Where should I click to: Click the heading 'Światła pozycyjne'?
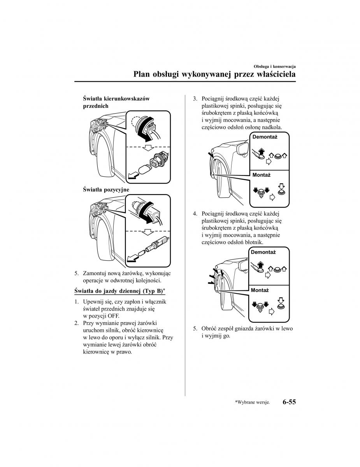[106, 190]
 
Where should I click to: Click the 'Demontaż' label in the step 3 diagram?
[265, 137]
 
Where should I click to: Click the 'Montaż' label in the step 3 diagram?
[261, 175]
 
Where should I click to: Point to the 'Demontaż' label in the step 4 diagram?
[263, 252]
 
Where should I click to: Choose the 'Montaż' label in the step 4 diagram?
[260, 290]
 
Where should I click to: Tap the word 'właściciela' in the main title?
[273, 74]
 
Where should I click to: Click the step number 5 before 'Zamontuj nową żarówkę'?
[77, 274]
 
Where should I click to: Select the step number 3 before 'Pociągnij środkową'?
[195, 98]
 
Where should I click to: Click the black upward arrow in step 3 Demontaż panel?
[261, 151]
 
